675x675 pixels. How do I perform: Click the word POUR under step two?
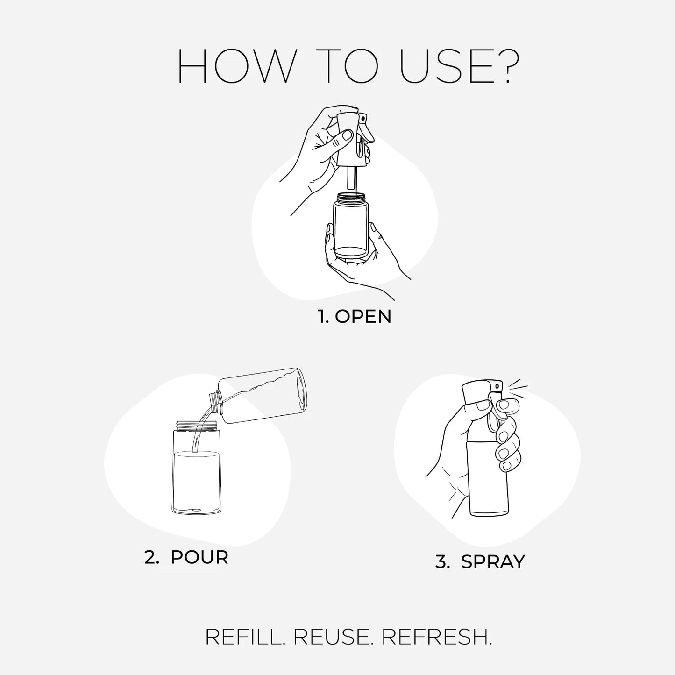pos(199,557)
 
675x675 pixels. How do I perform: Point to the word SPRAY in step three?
pos(493,562)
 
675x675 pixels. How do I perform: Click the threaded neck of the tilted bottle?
pos(215,403)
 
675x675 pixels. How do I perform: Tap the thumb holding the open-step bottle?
pos(329,238)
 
